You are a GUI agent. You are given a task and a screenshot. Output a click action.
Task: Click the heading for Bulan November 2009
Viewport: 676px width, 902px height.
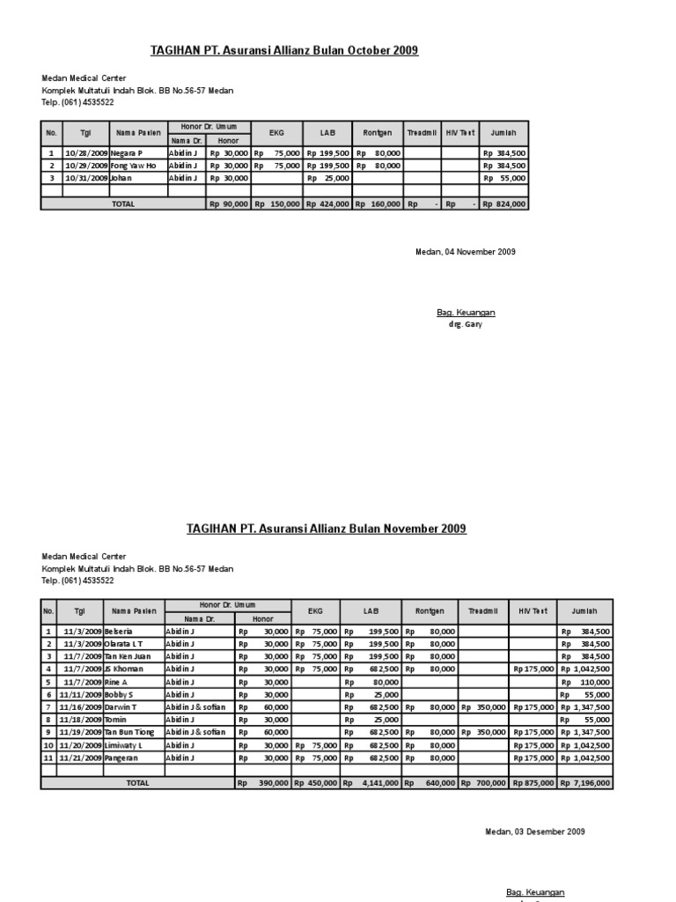click(326, 529)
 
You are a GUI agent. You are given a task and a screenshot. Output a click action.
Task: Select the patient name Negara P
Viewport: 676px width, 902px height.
click(128, 152)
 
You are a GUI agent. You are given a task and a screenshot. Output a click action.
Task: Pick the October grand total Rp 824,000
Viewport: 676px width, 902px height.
click(504, 203)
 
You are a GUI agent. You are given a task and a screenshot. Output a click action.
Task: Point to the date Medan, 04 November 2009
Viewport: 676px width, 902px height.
click(465, 252)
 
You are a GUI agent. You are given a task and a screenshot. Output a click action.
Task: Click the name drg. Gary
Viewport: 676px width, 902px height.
click(466, 324)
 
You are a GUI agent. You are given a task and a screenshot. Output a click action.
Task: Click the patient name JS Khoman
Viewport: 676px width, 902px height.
click(124, 669)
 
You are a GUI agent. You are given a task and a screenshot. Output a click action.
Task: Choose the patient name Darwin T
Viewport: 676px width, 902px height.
click(121, 707)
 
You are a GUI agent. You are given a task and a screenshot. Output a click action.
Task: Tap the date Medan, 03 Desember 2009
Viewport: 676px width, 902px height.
click(535, 832)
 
